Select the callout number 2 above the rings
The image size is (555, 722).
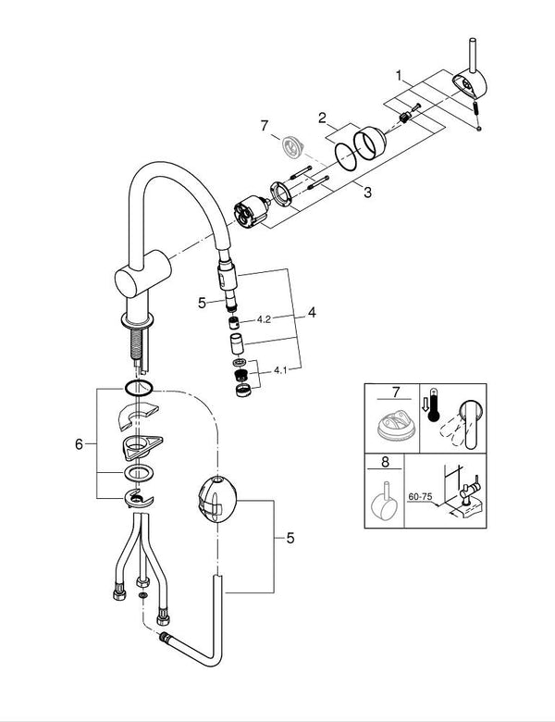pyautogui.click(x=321, y=118)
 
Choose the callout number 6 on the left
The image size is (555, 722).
pyautogui.click(x=79, y=445)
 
